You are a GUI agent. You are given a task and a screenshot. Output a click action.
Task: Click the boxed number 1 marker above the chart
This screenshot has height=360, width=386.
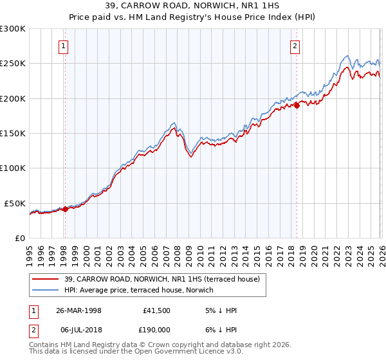coord(64,46)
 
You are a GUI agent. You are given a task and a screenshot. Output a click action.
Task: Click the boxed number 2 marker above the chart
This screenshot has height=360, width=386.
coord(295,46)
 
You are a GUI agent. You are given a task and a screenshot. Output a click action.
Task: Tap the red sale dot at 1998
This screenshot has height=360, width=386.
coord(65,209)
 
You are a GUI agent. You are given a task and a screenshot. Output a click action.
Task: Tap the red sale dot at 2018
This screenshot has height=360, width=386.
coord(297,105)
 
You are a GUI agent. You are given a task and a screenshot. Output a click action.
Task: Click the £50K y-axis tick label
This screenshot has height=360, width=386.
coord(15,203)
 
